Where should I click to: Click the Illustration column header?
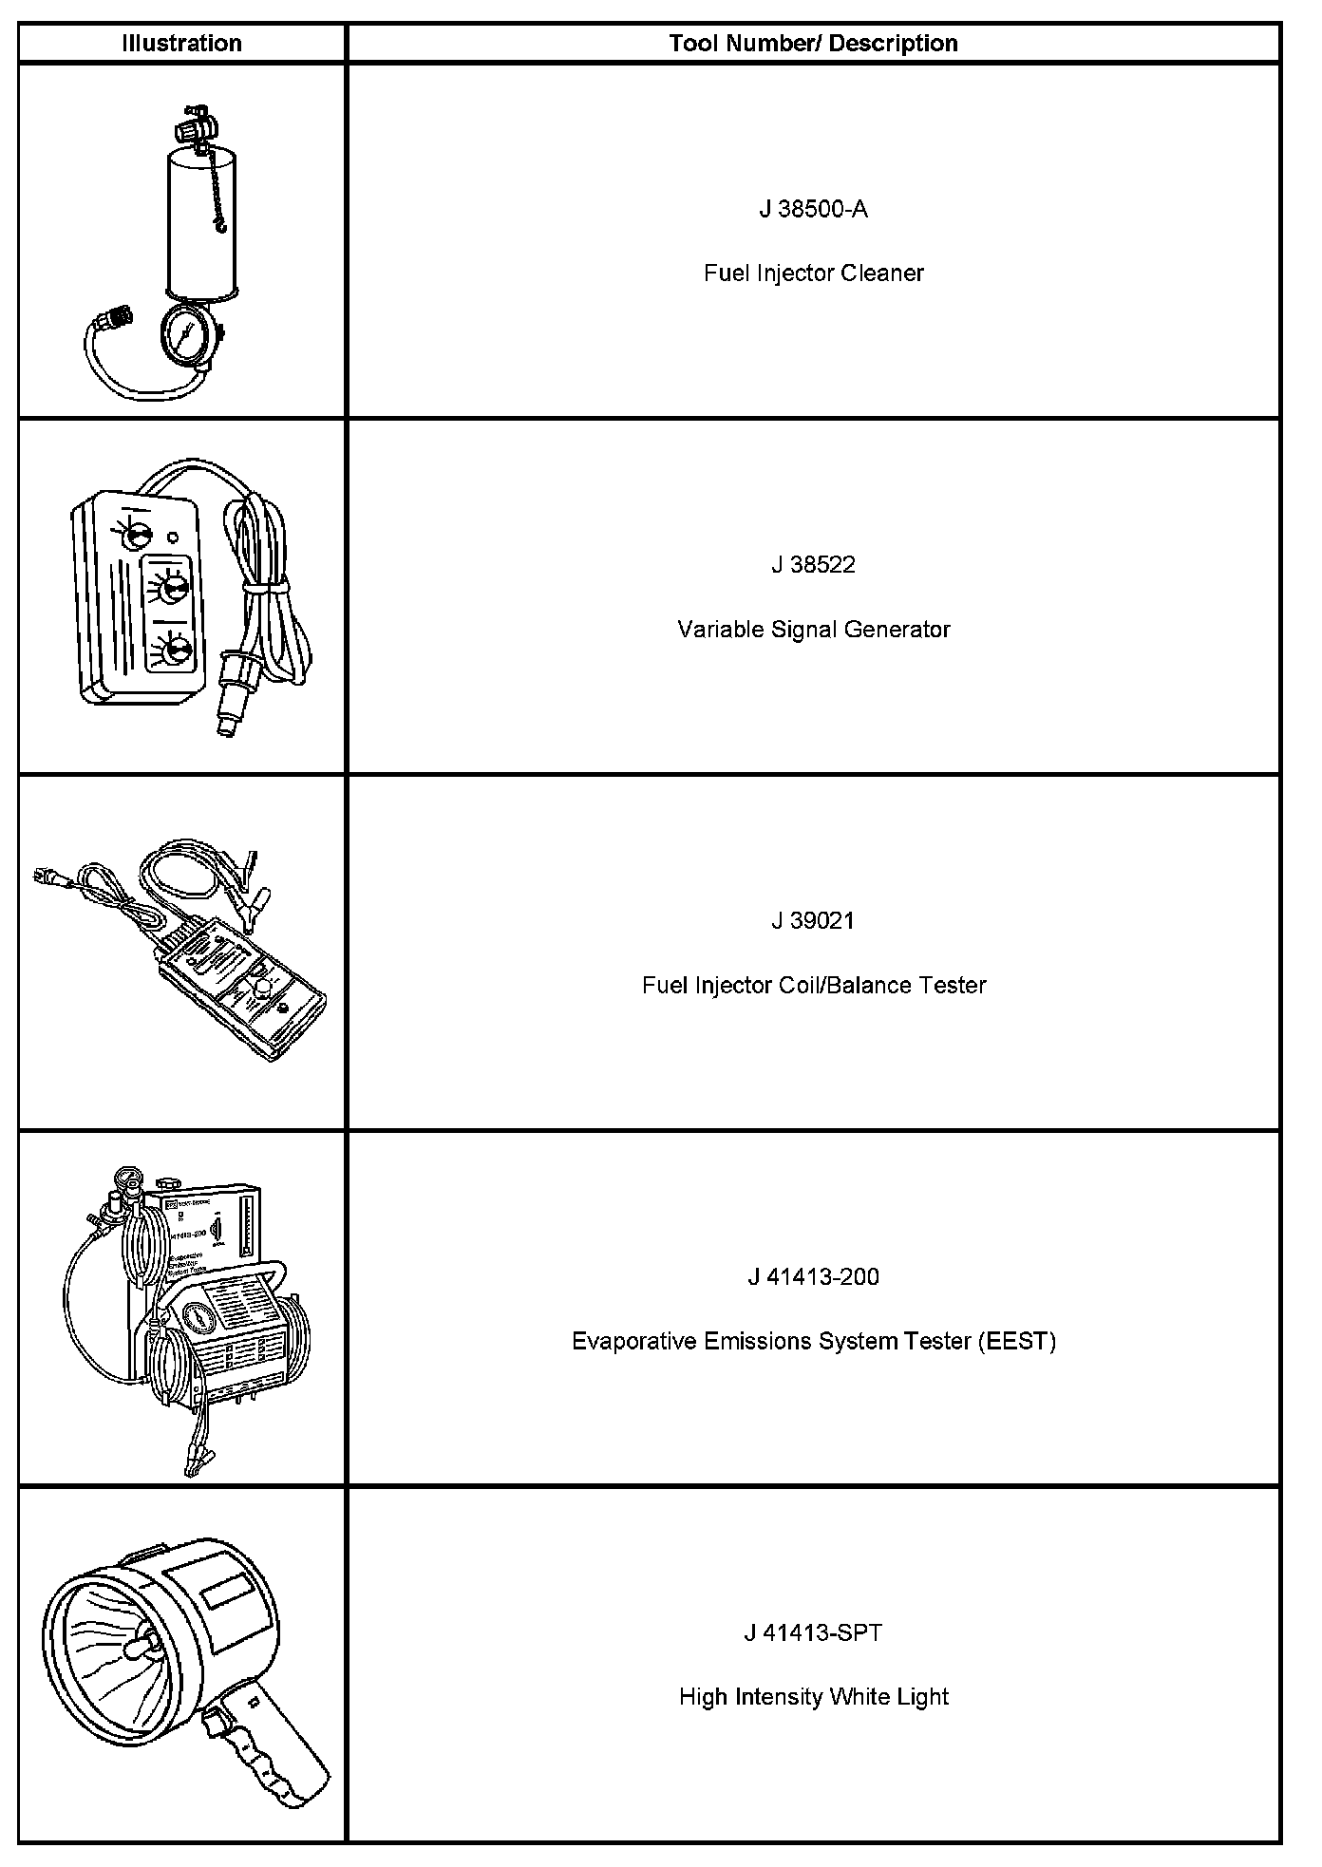[x=181, y=44]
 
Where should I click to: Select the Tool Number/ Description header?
[x=813, y=44]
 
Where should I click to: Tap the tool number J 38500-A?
[x=813, y=209]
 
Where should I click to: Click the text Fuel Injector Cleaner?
[x=813, y=273]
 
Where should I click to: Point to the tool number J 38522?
[x=813, y=565]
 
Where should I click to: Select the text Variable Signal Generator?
[x=813, y=630]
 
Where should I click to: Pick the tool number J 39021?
[x=813, y=921]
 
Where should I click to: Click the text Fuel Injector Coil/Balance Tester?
[x=813, y=986]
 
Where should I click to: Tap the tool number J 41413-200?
[x=813, y=1277]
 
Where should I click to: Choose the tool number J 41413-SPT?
[x=813, y=1633]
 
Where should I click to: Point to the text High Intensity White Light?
[x=813, y=1697]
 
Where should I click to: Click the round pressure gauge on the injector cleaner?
[x=186, y=334]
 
